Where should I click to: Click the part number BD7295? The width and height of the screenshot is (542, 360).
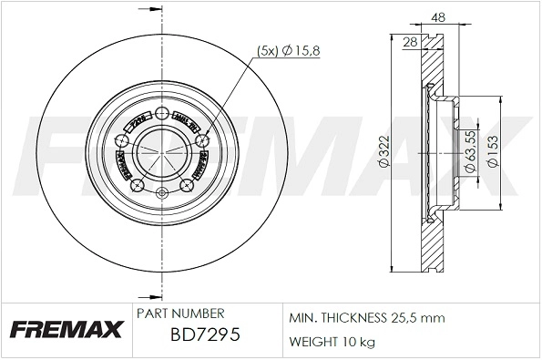click(x=205, y=335)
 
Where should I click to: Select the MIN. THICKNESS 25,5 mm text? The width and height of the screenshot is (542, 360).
click(x=365, y=318)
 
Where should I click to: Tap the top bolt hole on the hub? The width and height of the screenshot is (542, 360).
click(x=161, y=114)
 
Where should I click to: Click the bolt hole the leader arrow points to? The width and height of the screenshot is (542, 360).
click(x=200, y=140)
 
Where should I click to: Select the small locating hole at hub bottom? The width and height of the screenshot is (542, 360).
click(x=161, y=192)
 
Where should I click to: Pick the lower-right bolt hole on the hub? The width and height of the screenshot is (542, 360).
click(x=186, y=186)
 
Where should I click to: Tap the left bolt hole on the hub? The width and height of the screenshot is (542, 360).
click(x=122, y=140)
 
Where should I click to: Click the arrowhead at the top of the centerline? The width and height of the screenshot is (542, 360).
click(x=146, y=13)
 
